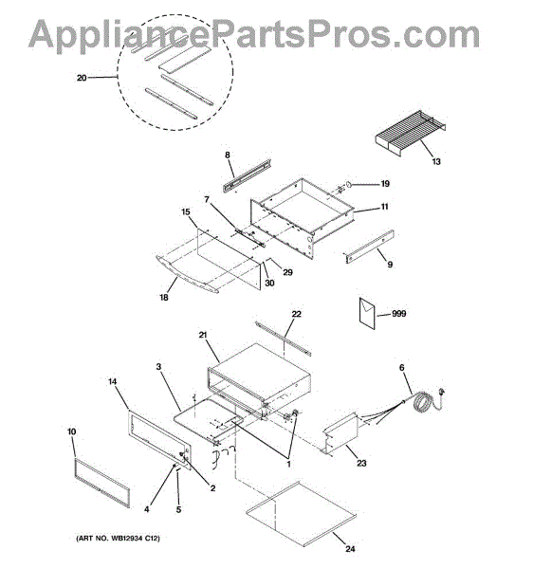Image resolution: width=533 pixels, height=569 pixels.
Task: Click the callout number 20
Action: coord(82,78)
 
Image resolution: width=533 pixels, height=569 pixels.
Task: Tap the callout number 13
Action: coord(436,161)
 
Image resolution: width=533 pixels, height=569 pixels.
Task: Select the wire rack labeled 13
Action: coord(411,133)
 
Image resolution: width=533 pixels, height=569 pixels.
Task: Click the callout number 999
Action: coord(398,313)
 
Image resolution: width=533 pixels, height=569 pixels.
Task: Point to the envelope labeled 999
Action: coord(367,313)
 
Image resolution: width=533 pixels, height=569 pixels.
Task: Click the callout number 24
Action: coord(350,548)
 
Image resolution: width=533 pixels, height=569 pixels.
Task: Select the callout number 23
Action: coord(361,463)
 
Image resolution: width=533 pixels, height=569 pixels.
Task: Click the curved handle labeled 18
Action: coord(187,274)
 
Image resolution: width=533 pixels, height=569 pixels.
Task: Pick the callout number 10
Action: coord(71,431)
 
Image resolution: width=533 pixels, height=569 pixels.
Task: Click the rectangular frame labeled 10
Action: coord(101,482)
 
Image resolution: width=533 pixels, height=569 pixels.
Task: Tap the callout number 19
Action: coord(385,184)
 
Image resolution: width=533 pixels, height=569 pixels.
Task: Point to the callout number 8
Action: coord(227,155)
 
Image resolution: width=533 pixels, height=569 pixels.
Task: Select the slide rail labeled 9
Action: coord(369,247)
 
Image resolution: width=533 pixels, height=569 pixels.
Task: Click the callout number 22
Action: coord(296,314)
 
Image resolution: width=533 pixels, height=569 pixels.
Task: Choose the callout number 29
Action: coord(287,272)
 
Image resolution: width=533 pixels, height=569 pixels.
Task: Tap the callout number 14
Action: coord(113,381)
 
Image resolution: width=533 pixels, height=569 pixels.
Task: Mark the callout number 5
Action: coord(178,509)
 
